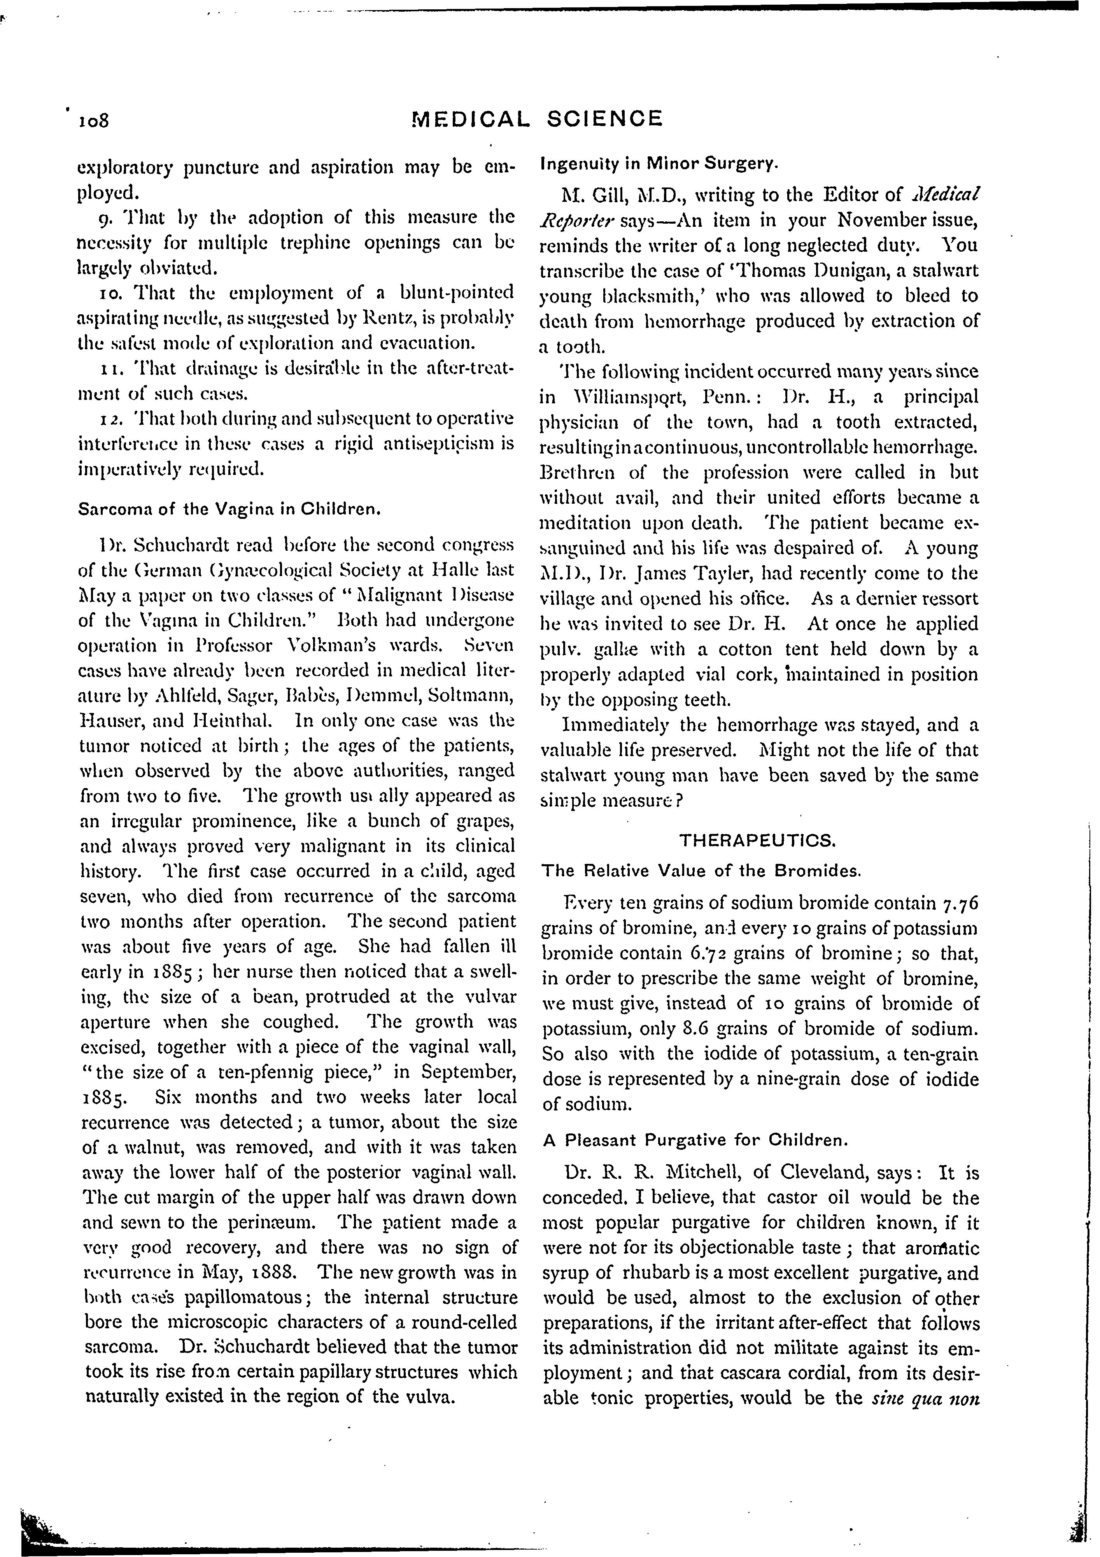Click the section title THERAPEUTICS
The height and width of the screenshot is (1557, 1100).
click(758, 841)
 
